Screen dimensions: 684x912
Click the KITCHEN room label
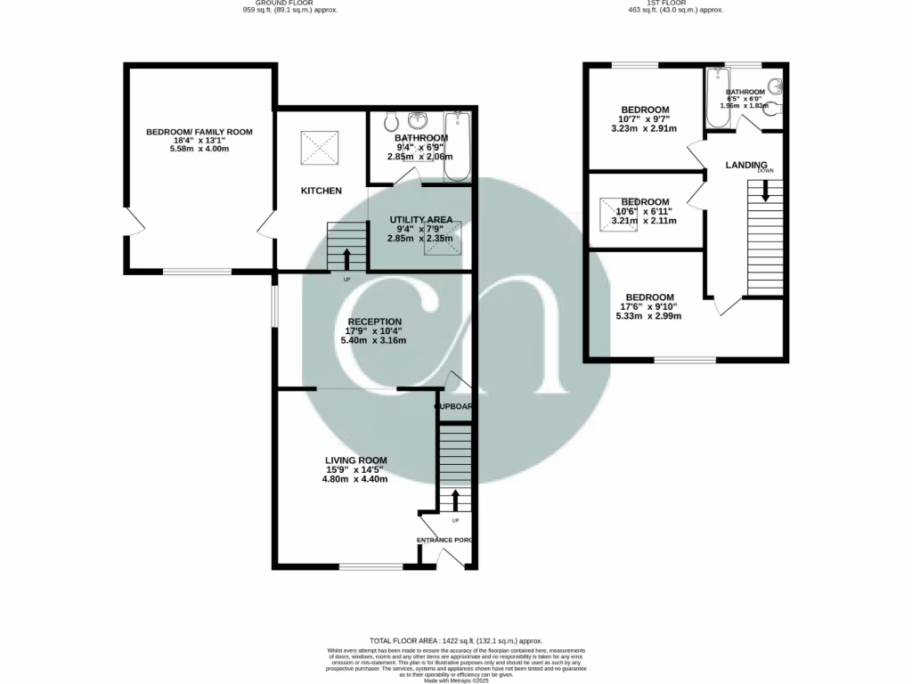[321, 191]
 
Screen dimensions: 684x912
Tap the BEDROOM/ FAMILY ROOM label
[199, 132]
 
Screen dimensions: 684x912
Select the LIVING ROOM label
[355, 460]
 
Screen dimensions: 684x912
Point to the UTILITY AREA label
[420, 219]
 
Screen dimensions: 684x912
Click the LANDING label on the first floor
[746, 165]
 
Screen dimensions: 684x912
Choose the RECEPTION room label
[374, 322]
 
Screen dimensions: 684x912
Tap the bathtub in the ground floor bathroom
[457, 147]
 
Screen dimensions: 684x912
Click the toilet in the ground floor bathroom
[392, 122]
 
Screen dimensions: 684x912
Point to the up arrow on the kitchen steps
[346, 259]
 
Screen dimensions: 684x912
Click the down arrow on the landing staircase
[764, 190]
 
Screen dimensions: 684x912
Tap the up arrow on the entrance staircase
[454, 499]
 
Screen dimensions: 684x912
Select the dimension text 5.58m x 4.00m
[199, 149]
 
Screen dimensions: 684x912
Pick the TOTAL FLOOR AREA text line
[455, 641]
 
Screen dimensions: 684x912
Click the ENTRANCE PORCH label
[444, 540]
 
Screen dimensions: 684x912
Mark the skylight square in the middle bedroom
[619, 215]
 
